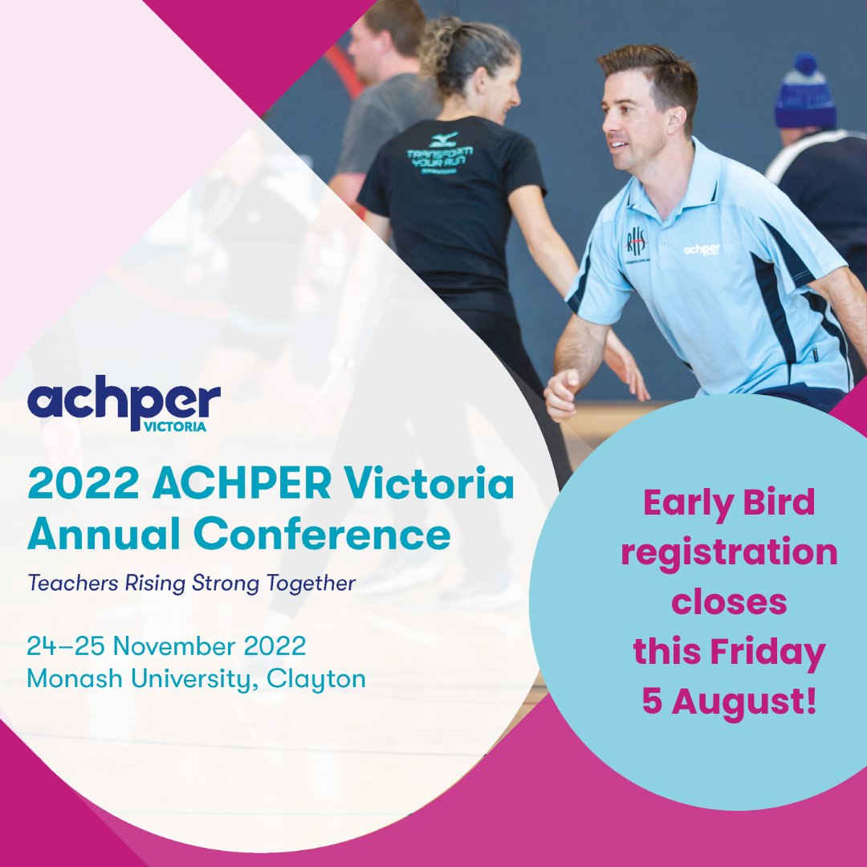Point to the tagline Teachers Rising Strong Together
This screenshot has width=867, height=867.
tap(191, 584)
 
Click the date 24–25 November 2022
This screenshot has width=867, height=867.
tap(166, 645)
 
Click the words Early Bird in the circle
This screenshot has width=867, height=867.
tap(729, 503)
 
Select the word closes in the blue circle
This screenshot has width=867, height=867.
tap(729, 602)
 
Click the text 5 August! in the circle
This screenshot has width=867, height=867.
tap(729, 702)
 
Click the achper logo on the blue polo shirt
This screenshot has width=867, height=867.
tap(702, 249)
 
